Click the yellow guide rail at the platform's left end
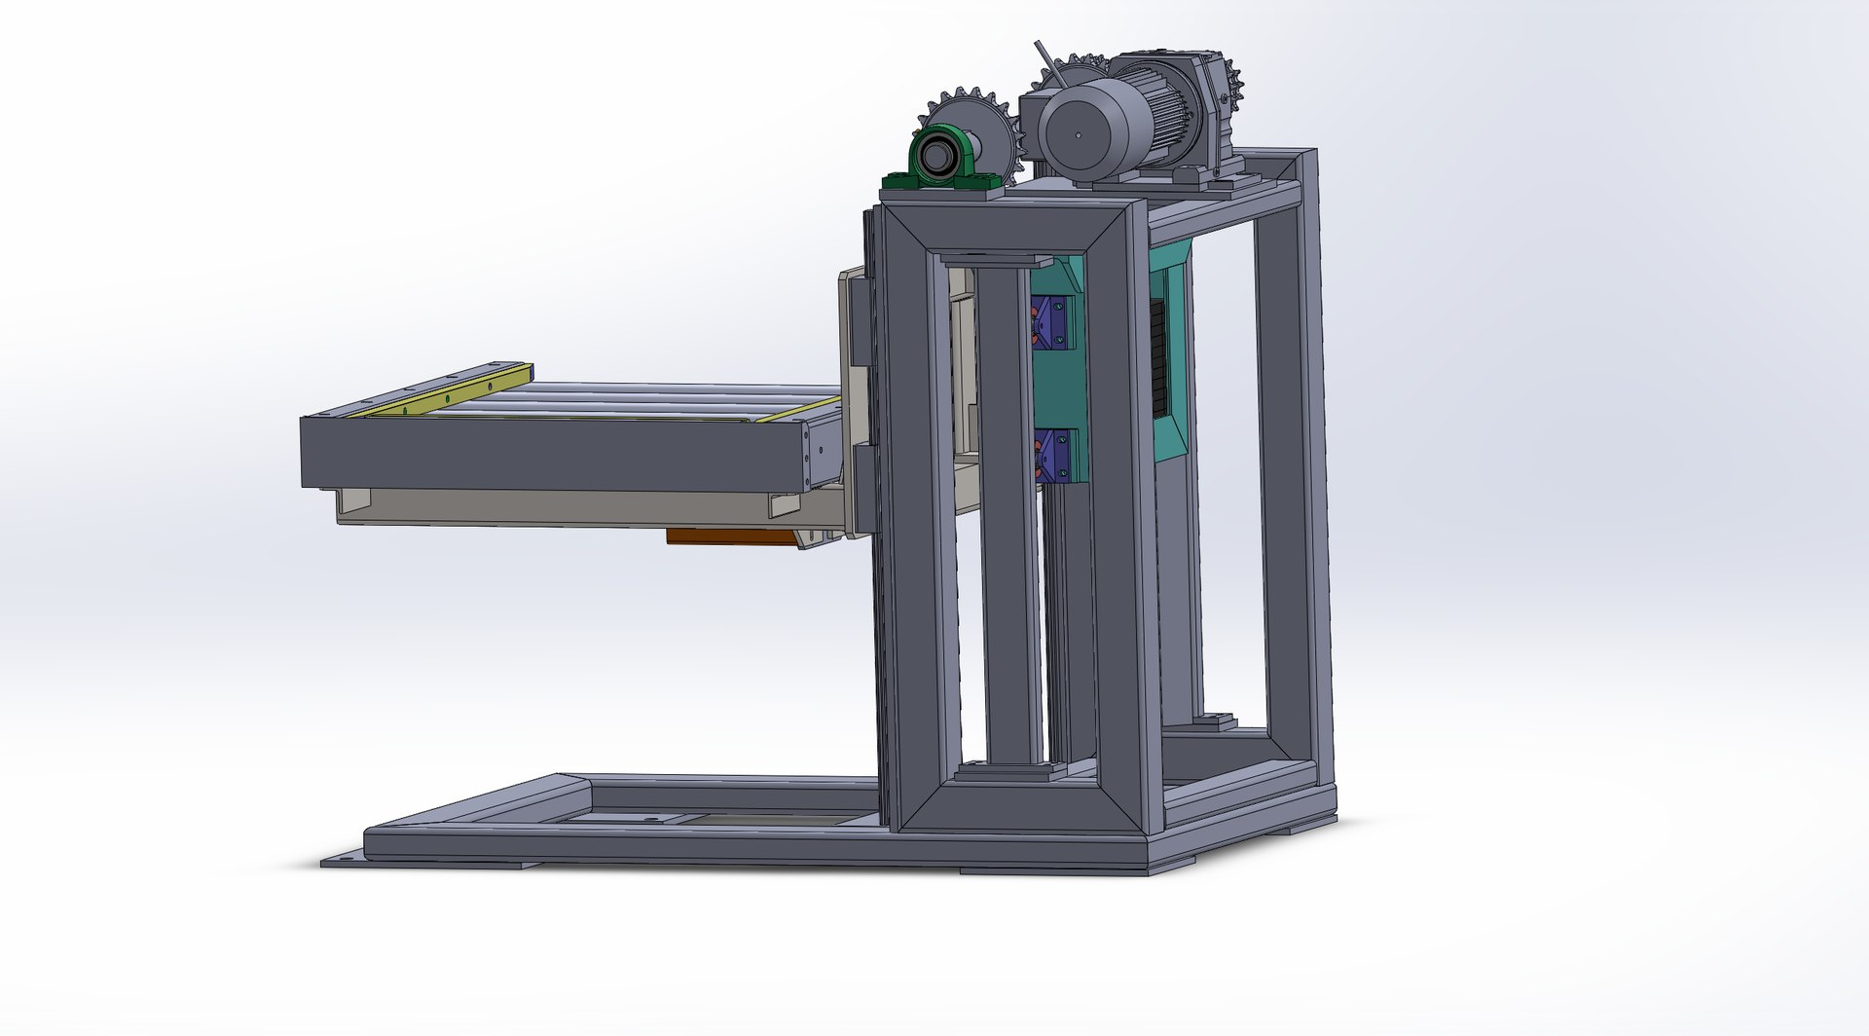click(x=443, y=389)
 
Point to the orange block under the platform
click(x=730, y=536)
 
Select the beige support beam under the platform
click(x=565, y=506)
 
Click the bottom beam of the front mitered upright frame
click(x=1022, y=808)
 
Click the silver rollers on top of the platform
click(x=633, y=399)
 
